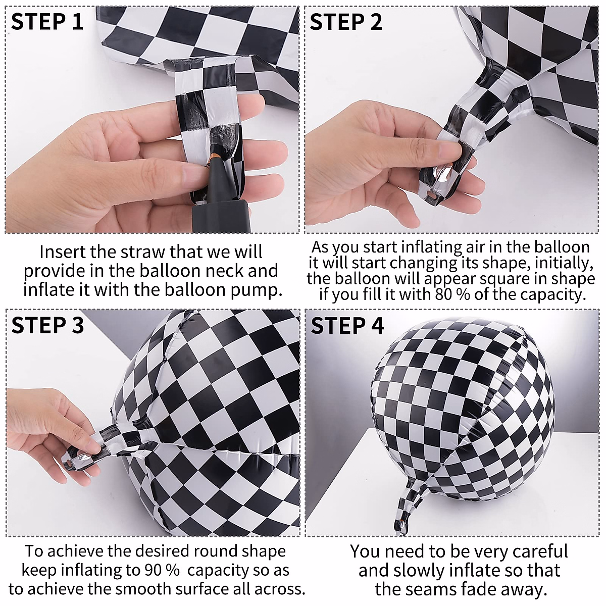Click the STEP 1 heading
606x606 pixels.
point(47,22)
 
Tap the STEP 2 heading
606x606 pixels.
point(346,22)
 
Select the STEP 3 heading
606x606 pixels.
point(47,325)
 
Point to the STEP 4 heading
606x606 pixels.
point(347,326)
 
